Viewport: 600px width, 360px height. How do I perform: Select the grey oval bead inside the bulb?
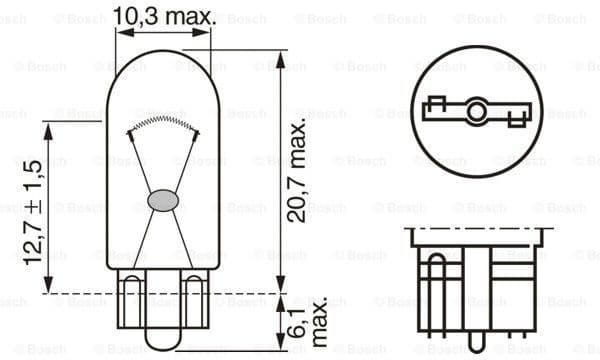[162, 201]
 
